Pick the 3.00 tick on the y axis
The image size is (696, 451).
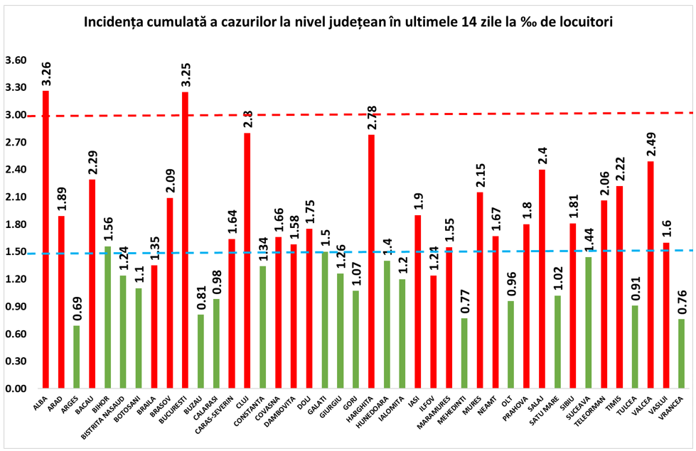(15, 115)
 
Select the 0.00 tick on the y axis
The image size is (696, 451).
(15, 389)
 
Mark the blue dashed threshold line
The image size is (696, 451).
(427, 251)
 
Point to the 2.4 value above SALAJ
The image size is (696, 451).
(542, 155)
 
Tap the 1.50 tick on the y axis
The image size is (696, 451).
(15, 252)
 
